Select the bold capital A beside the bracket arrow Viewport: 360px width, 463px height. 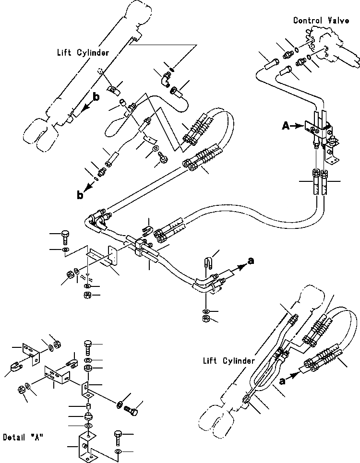285,126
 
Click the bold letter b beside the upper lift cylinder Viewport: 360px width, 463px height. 96,97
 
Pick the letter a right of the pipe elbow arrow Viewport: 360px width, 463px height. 250,261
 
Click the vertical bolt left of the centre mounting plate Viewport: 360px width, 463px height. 65,237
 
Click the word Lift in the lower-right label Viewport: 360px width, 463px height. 210,359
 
